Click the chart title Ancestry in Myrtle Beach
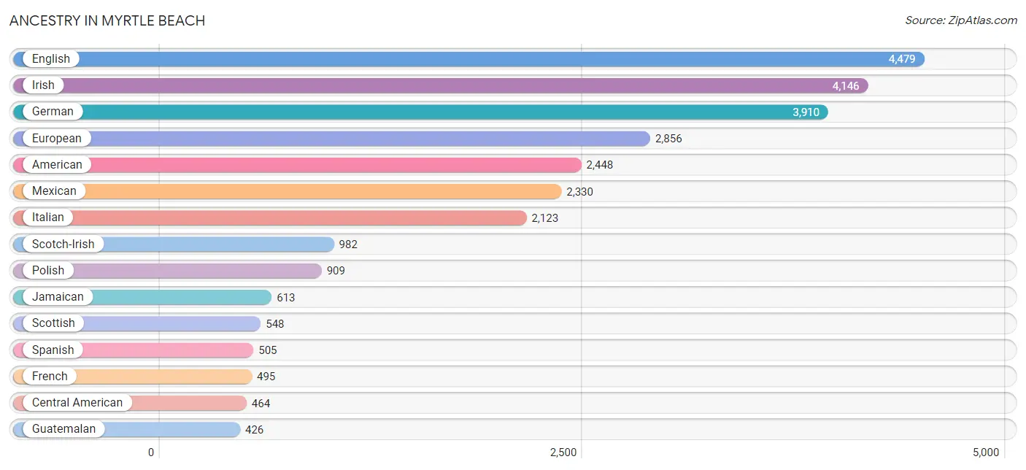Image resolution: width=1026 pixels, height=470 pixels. coord(107,20)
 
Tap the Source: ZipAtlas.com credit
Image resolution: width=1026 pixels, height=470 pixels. coord(960,20)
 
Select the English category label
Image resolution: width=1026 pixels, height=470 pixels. coord(50,59)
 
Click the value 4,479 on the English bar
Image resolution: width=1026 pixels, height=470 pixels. coord(901,59)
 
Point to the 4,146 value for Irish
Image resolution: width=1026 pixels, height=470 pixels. coord(846,86)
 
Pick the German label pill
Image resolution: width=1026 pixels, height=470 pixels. coord(53,112)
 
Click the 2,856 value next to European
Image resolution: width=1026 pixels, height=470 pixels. coord(668,139)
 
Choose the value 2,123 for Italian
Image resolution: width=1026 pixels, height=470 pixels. coord(544,218)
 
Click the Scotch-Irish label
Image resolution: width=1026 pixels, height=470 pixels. coord(63,244)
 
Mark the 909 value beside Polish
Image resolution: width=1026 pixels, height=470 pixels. coord(336,271)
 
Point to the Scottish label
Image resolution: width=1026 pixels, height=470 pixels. coord(53,323)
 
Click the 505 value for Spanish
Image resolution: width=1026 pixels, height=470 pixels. coord(268,350)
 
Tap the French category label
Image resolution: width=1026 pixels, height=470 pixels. coord(50,376)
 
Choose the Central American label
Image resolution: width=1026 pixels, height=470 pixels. coord(77,402)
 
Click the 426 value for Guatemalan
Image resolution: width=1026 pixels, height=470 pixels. coord(254,430)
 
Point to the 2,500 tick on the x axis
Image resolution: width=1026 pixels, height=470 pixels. coord(563,452)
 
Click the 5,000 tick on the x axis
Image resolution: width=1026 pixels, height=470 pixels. coord(985,452)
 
